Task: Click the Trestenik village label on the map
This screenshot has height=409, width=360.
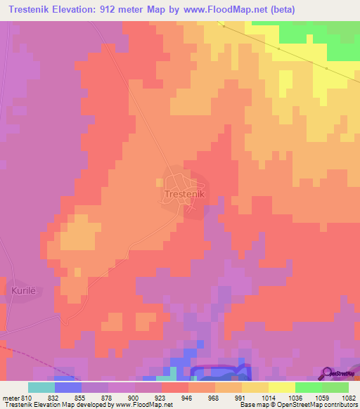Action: point(184,193)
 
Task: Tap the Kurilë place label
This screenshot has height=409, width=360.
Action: point(22,290)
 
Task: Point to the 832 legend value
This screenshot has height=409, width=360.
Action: point(54,398)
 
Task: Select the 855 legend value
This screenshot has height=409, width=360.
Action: point(80,398)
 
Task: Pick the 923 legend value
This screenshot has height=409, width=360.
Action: point(160,398)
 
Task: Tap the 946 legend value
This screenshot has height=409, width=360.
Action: point(187,398)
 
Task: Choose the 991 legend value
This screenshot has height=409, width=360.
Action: point(240,398)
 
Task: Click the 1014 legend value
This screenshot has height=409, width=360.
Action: point(269,398)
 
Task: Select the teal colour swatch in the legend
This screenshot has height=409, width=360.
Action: point(41,387)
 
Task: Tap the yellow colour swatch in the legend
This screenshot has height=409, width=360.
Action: point(281,387)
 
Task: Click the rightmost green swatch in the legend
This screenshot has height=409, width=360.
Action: point(335,387)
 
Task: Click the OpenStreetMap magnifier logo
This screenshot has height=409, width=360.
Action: point(327,373)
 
